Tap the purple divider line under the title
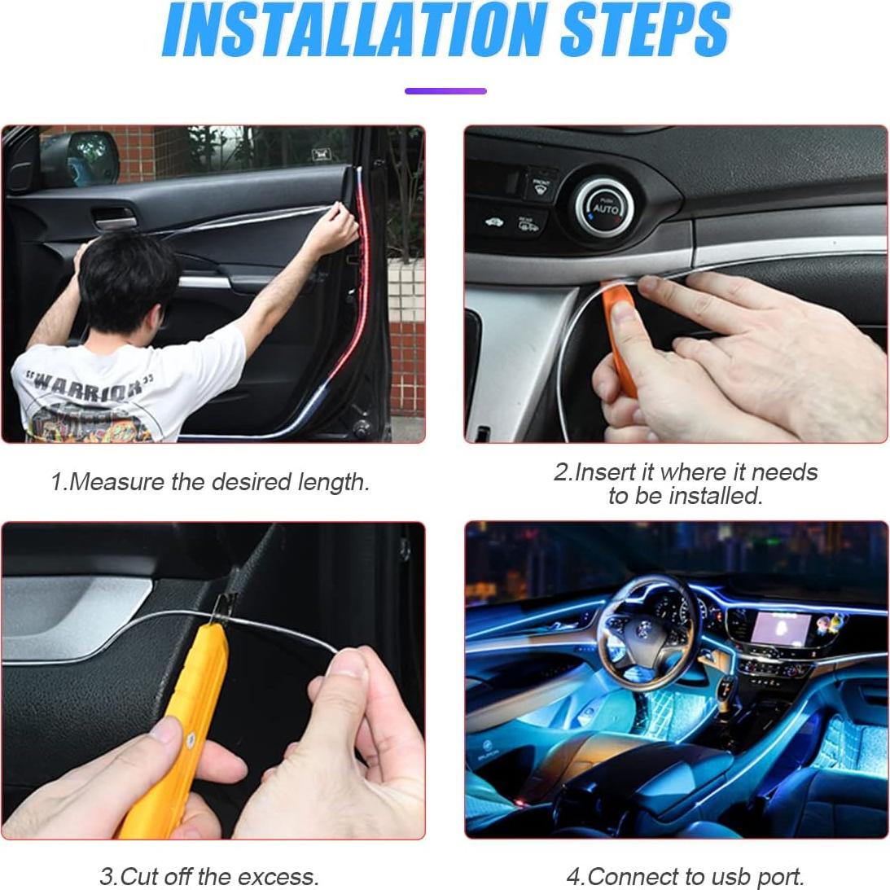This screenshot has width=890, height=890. click(445, 91)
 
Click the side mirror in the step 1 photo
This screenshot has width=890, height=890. click(91, 156)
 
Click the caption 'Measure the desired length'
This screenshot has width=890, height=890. click(210, 482)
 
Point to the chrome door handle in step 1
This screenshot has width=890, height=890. click(114, 216)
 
